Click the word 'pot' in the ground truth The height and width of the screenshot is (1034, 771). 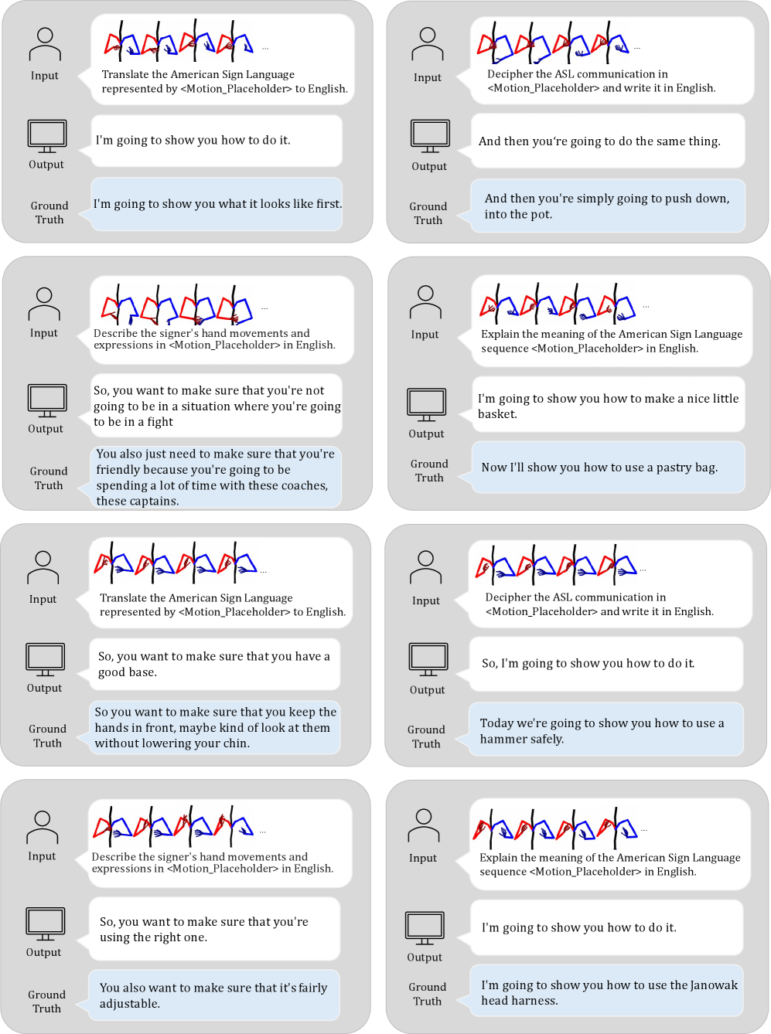541,215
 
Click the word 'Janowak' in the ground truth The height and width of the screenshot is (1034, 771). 714,985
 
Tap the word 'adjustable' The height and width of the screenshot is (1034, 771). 128,1004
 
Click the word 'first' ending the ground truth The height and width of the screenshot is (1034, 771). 328,204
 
